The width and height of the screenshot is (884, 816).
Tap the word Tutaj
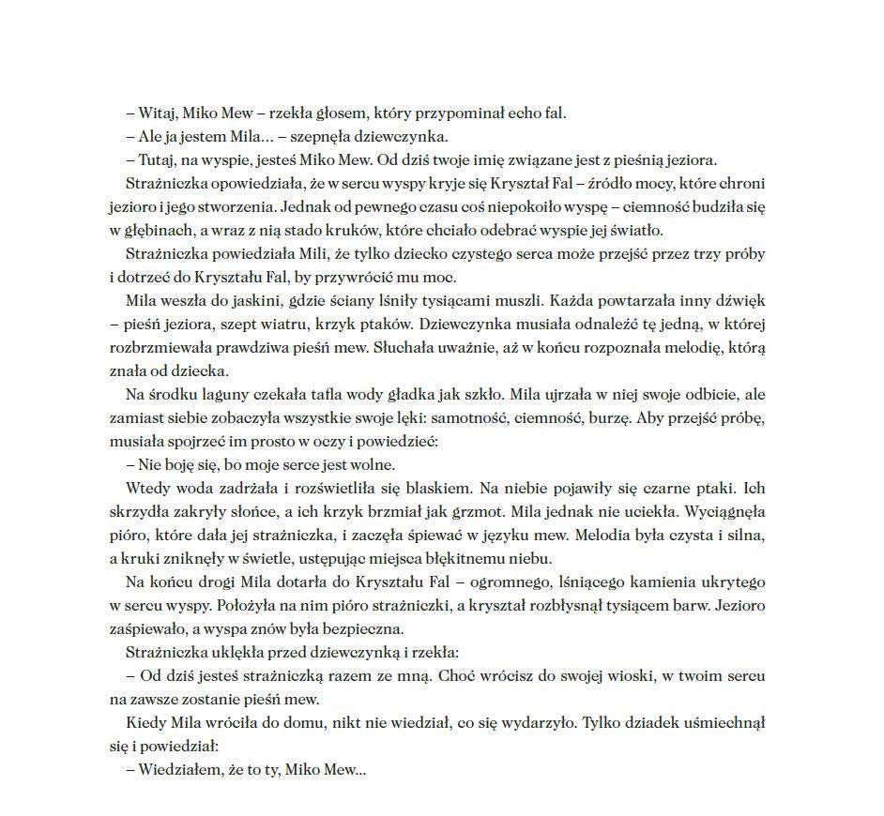(x=156, y=160)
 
